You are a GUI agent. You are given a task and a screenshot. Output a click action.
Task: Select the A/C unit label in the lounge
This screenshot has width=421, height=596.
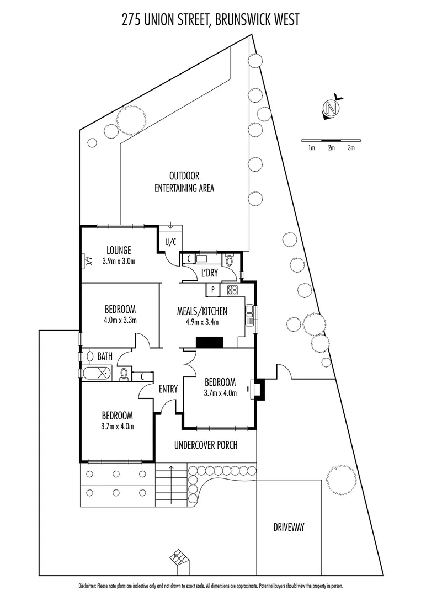pos(87,262)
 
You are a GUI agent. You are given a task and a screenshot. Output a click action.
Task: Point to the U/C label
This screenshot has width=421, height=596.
pos(170,241)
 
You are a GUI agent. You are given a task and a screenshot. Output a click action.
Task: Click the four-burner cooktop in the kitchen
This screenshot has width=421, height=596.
pos(232,290)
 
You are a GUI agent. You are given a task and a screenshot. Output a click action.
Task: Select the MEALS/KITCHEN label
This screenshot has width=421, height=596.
pos(202,312)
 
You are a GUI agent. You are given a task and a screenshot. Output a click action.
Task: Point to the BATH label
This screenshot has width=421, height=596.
pos(105,357)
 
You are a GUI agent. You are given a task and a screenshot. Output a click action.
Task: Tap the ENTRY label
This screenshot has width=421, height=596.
pos(168,389)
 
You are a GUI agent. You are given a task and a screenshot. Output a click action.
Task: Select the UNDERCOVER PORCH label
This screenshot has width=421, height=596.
pos(206,445)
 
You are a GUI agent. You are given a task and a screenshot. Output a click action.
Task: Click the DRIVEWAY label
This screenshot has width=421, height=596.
pos(289,527)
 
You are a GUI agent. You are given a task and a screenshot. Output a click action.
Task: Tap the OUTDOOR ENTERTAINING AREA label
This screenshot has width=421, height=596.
pos(184,182)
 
